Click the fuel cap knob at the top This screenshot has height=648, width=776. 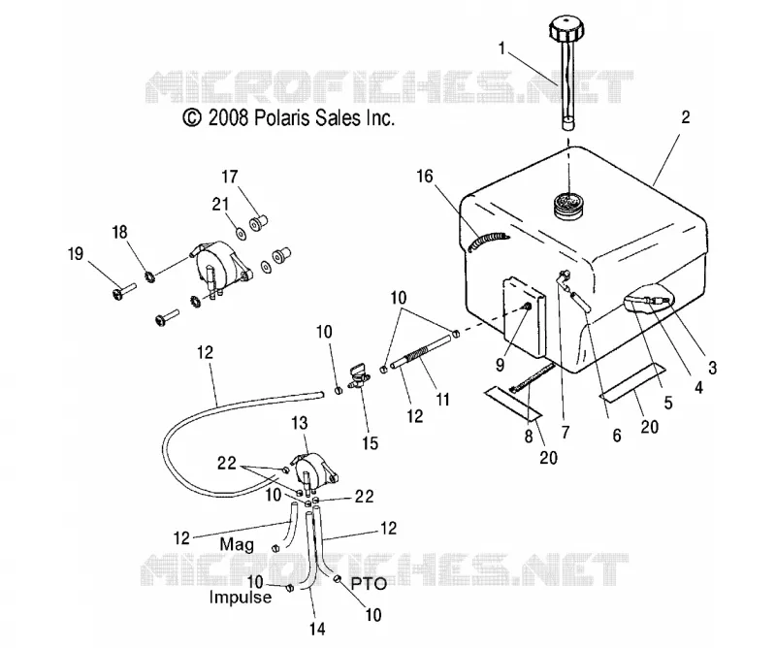click(x=567, y=30)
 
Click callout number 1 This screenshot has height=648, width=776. click(x=502, y=49)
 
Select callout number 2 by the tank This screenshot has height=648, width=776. click(x=686, y=117)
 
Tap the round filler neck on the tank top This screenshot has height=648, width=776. click(x=569, y=205)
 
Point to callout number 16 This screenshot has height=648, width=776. click(x=425, y=177)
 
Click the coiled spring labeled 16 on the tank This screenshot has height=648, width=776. click(x=488, y=242)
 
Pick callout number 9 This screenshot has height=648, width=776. click(x=500, y=365)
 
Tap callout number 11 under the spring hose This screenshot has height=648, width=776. click(x=442, y=399)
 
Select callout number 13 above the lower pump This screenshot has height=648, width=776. click(x=300, y=423)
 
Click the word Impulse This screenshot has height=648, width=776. click(x=241, y=597)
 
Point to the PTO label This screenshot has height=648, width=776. click(x=369, y=584)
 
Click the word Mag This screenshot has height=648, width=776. click(x=237, y=544)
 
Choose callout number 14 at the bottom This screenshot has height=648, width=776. click(x=317, y=630)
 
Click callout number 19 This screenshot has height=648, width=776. click(x=76, y=254)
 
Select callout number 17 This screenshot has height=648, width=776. click(x=230, y=177)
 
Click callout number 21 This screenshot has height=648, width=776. click(x=221, y=204)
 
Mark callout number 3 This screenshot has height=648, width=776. click(x=712, y=368)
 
